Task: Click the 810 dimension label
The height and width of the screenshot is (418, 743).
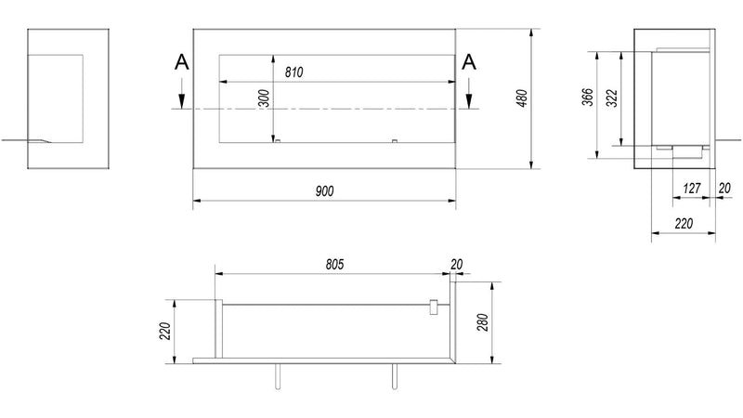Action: (x=293, y=72)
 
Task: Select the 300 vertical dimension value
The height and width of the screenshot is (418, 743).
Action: (x=265, y=98)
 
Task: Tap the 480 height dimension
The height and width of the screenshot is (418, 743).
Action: (x=522, y=98)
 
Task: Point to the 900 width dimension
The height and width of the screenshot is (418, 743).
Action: (x=324, y=191)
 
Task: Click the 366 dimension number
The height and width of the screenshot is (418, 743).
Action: (x=588, y=97)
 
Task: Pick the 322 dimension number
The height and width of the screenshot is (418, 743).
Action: (x=612, y=98)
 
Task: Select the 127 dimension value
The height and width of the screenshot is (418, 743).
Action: (x=691, y=189)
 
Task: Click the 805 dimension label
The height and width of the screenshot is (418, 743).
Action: (x=334, y=265)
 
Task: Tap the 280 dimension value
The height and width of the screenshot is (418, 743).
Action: (x=483, y=322)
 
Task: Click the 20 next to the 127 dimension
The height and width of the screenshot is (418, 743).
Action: (x=724, y=189)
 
